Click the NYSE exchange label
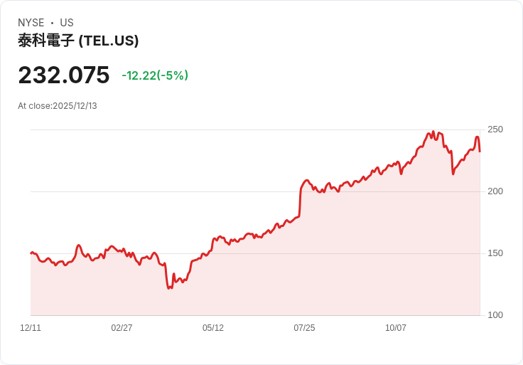coord(31,23)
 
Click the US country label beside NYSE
coord(67,23)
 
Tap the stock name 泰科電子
coord(46,41)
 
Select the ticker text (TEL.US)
coord(109,41)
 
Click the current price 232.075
coord(64,75)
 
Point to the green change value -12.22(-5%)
coord(155,75)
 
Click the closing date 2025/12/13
coord(75,106)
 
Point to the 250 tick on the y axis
coord(495,129)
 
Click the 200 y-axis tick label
coord(495,191)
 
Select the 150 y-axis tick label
coord(495,253)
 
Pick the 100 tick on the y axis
coord(495,315)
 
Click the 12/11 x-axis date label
coord(31,328)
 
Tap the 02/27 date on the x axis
coord(122,328)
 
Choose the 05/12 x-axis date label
coord(213,328)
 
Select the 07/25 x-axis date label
coord(304,328)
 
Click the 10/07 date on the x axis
coord(396,328)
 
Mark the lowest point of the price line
coord(168,288)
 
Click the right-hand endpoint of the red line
coord(480,151)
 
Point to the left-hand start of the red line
coord(31,253)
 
